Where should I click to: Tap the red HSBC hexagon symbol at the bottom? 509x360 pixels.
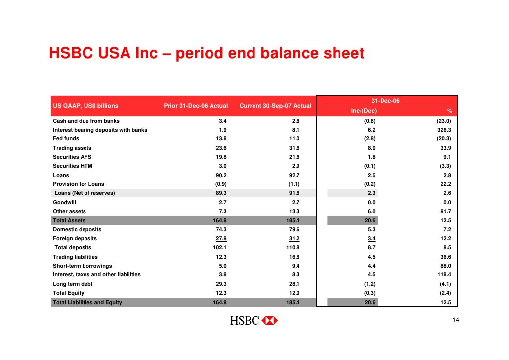click(269, 321)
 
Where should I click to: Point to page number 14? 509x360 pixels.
click(456, 321)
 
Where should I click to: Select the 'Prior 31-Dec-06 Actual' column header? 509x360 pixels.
click(196, 106)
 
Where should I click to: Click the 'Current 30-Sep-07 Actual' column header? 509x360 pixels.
click(275, 106)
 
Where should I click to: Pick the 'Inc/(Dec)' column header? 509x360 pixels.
click(364, 111)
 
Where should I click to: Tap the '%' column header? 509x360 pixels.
click(449, 111)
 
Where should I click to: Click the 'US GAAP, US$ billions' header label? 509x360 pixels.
click(85, 106)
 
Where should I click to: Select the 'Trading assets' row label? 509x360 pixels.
click(72, 148)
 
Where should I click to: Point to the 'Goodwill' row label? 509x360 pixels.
click(65, 202)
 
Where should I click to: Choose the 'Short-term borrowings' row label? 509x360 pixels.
click(83, 266)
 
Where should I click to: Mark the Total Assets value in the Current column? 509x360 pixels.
click(293, 221)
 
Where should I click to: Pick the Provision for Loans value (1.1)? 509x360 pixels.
click(294, 184)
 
